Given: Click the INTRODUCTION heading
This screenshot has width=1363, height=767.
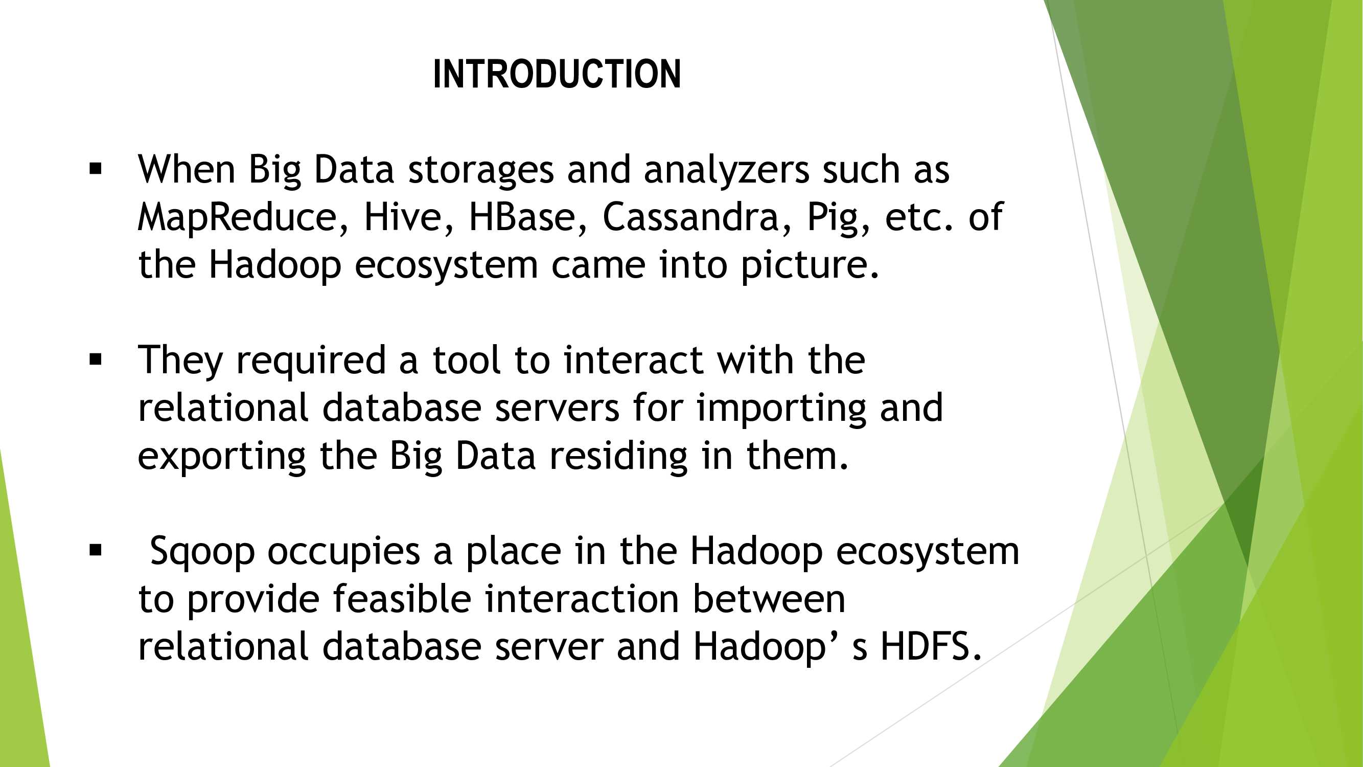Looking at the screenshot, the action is [x=557, y=74].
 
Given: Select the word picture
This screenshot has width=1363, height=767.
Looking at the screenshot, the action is [x=810, y=266].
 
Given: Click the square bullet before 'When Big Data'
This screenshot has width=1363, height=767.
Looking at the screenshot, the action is [x=96, y=169].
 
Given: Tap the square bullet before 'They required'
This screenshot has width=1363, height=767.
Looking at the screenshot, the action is [x=96, y=359].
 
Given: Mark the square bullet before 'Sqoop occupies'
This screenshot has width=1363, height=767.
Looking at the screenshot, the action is [x=96, y=551].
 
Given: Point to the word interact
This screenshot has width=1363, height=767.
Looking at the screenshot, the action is [x=633, y=360].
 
